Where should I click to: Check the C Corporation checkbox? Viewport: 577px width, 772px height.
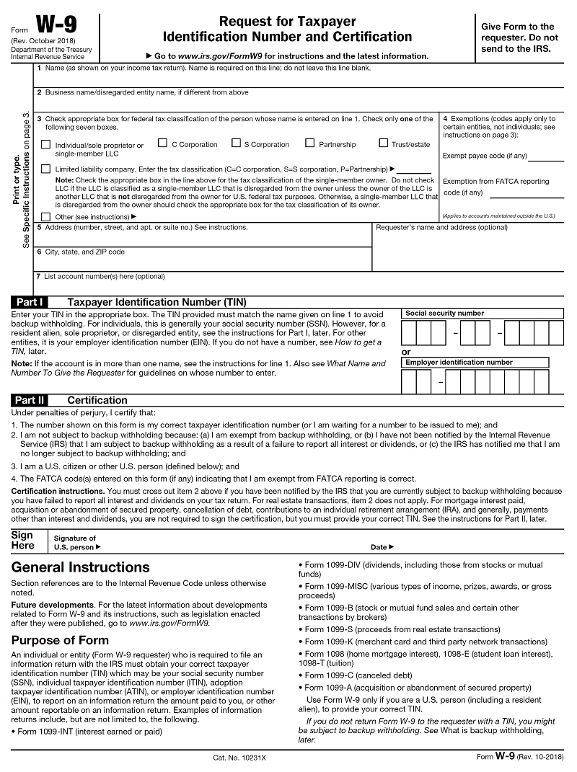tap(162, 143)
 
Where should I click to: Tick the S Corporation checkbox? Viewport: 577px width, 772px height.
tap(236, 143)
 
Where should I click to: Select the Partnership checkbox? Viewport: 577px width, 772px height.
tap(310, 143)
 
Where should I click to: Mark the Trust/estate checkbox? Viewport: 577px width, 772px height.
tap(384, 143)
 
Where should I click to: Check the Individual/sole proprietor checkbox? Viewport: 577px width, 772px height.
tap(46, 144)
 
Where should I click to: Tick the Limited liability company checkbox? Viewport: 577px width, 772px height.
tap(46, 169)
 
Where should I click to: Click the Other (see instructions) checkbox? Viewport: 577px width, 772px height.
tap(46, 216)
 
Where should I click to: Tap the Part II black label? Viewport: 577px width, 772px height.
tap(31, 400)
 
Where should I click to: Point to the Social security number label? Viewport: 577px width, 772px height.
tap(444, 314)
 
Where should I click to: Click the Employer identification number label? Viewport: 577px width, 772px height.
tap(459, 362)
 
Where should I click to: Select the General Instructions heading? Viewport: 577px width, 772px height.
tap(81, 567)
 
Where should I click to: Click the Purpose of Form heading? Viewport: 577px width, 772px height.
tap(60, 640)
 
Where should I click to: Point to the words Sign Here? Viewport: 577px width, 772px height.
tap(22, 540)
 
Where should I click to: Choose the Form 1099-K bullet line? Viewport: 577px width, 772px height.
tap(426, 642)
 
